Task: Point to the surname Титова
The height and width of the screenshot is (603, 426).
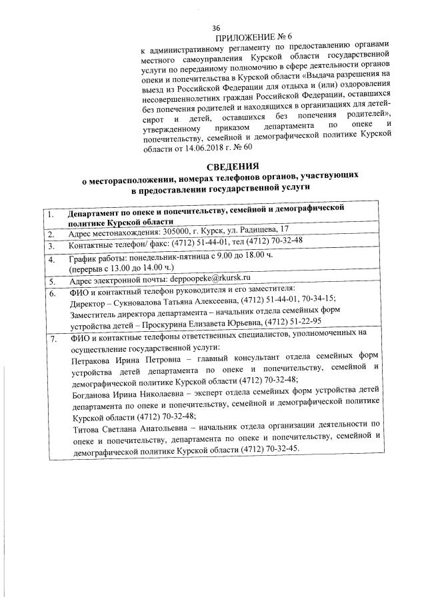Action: [84, 424]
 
